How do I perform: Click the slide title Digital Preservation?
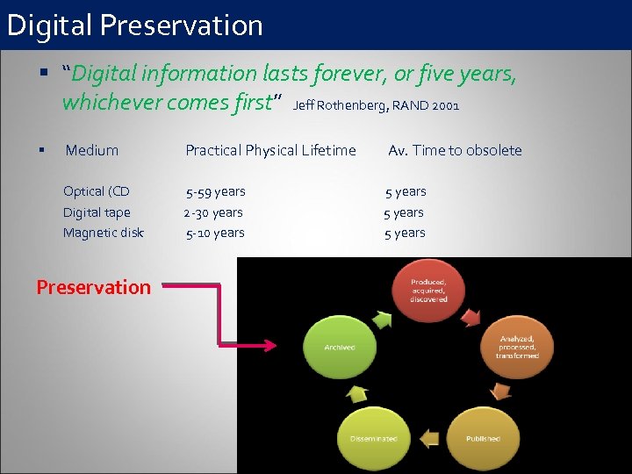(x=134, y=25)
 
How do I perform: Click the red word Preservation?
(x=94, y=287)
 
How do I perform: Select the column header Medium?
(x=92, y=150)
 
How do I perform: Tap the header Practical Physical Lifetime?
(x=270, y=150)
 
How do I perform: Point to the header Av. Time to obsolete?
(x=455, y=150)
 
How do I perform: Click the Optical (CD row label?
(x=97, y=191)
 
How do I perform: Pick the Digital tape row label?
(x=97, y=212)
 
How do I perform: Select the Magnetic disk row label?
(x=104, y=233)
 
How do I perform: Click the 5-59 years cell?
(x=215, y=191)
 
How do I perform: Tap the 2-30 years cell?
(x=213, y=212)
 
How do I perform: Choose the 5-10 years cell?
(x=215, y=233)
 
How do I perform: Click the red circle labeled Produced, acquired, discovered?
(x=428, y=291)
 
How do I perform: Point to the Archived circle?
(x=340, y=348)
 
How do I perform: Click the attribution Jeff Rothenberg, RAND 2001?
(x=376, y=106)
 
